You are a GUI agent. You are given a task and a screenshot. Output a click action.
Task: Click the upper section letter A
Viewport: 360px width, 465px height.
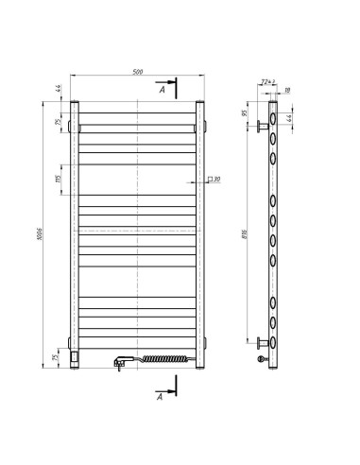click(162, 92)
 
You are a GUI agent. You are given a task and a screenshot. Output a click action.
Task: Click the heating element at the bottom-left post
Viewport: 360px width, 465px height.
click(77, 356)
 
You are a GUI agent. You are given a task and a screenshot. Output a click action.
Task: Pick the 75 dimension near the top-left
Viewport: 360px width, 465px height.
click(58, 123)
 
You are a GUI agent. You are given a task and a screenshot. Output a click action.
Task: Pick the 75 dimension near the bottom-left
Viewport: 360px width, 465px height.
click(58, 359)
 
